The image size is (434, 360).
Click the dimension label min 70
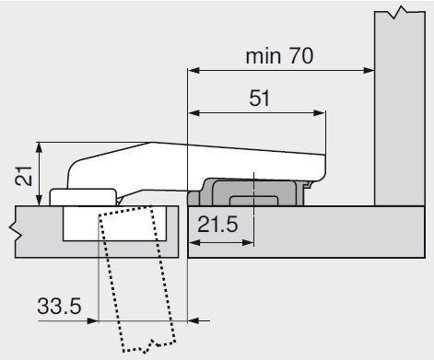pos(279,56)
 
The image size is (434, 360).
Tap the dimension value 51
pos(260,99)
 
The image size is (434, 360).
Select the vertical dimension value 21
pos(24,176)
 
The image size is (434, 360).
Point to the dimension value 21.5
pos(217,225)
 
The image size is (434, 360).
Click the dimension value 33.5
pos(59,306)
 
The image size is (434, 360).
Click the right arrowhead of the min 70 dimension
pos(369,71)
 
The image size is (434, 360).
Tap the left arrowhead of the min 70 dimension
pos(194,71)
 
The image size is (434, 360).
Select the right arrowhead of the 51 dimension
pos(319,113)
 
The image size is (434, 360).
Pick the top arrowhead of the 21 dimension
pos(39,148)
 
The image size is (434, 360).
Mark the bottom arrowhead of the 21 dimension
pos(39,200)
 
